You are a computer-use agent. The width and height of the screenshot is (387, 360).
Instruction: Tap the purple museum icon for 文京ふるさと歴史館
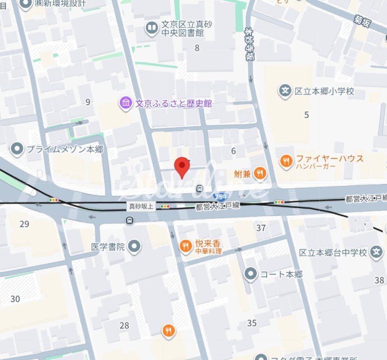(126, 103)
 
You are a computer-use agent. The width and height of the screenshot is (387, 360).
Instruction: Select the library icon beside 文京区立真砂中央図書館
(152, 27)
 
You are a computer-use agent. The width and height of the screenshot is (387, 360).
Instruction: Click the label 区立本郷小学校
(324, 91)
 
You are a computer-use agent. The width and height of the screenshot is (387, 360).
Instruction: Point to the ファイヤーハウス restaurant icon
(286, 160)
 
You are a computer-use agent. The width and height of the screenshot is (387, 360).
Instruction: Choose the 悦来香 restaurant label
(208, 243)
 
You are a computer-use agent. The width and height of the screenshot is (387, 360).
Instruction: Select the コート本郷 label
(281, 274)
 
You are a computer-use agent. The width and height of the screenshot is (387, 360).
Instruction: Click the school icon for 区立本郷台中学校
(376, 252)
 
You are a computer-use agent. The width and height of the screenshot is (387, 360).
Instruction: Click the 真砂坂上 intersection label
(141, 206)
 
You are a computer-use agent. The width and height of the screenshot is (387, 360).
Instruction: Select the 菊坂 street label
(364, 21)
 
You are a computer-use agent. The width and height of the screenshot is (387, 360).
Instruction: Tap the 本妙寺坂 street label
(250, 44)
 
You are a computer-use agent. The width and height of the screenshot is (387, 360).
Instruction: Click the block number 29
(24, 224)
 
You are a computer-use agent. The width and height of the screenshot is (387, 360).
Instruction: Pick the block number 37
(261, 227)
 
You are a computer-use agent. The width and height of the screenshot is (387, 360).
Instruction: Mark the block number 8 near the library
(197, 47)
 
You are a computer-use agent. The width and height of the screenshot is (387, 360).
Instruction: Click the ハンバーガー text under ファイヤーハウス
(315, 166)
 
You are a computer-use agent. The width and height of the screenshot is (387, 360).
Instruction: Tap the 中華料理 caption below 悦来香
(208, 251)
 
